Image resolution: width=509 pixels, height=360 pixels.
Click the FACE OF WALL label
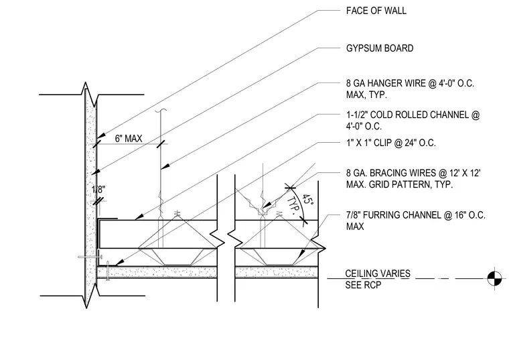click(x=376, y=11)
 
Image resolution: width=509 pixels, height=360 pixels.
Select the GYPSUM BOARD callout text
click(x=380, y=48)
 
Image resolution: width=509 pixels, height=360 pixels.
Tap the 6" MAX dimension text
click(x=129, y=139)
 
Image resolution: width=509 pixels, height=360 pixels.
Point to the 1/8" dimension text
click(x=98, y=190)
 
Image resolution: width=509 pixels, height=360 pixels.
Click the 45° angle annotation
click(x=307, y=200)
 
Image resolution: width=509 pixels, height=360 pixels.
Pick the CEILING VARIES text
click(x=378, y=274)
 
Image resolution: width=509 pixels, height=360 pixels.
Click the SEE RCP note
click(x=363, y=285)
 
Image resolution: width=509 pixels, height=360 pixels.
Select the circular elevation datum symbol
click(x=494, y=278)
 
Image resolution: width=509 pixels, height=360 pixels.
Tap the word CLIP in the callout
click(x=382, y=143)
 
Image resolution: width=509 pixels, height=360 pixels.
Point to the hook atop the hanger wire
click(x=161, y=111)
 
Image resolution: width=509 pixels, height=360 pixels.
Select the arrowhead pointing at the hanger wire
click(x=165, y=166)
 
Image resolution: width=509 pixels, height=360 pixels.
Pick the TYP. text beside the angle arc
click(x=293, y=206)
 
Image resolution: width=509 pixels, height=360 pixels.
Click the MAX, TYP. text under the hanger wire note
click(x=366, y=95)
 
